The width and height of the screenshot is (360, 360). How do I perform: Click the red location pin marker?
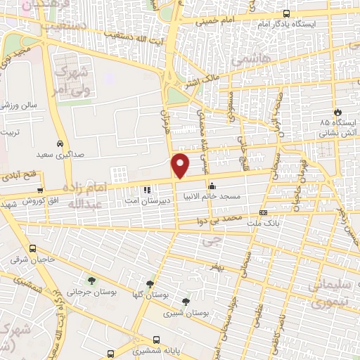tap(181, 165)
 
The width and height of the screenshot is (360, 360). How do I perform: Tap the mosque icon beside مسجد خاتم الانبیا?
tap(212, 186)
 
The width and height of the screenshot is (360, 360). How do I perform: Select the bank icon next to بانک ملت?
tap(263, 212)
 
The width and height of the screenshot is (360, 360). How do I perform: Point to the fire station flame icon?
tap(337, 112)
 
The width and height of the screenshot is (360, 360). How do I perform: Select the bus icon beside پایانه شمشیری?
tap(110, 353)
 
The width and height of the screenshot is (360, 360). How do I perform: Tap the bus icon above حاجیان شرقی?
tap(33, 248)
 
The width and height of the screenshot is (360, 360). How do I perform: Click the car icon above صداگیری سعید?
tap(62, 140)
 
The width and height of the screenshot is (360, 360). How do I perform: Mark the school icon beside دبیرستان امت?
tap(147, 190)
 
